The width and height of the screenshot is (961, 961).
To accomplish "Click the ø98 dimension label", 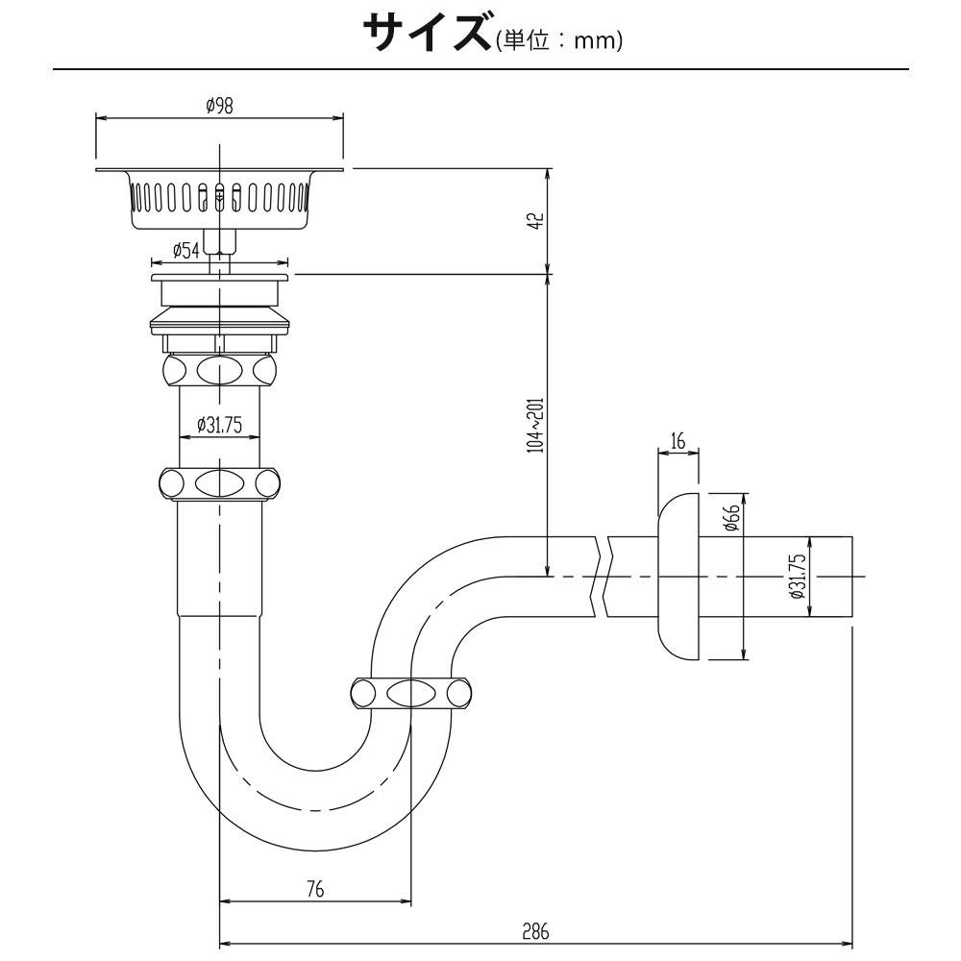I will pos(219,107).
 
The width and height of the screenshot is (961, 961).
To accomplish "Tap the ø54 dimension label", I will pos(186,250).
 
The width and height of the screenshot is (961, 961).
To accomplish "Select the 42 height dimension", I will pos(538,221).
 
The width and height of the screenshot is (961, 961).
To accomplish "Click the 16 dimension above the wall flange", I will pos(678,441).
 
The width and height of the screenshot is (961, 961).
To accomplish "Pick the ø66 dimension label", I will pos(730,519).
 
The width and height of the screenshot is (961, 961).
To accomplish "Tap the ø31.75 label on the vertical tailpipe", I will pos(219,425).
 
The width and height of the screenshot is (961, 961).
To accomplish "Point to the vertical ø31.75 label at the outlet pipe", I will pos(796,576).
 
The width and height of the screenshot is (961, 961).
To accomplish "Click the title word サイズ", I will pos(427,34).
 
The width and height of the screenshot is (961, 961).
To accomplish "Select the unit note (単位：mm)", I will pos(560,41).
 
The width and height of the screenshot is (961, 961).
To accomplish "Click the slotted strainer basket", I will pos(220,199).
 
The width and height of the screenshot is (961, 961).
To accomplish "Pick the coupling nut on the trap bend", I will pos(410,693).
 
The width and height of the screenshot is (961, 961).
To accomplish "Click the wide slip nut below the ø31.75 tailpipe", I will pos(220,482).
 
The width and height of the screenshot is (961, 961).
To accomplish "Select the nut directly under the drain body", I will pos(220,370).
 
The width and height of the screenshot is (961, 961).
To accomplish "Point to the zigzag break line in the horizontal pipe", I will pos(604,576).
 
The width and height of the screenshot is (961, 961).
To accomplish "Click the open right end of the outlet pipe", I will pos(852,576).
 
